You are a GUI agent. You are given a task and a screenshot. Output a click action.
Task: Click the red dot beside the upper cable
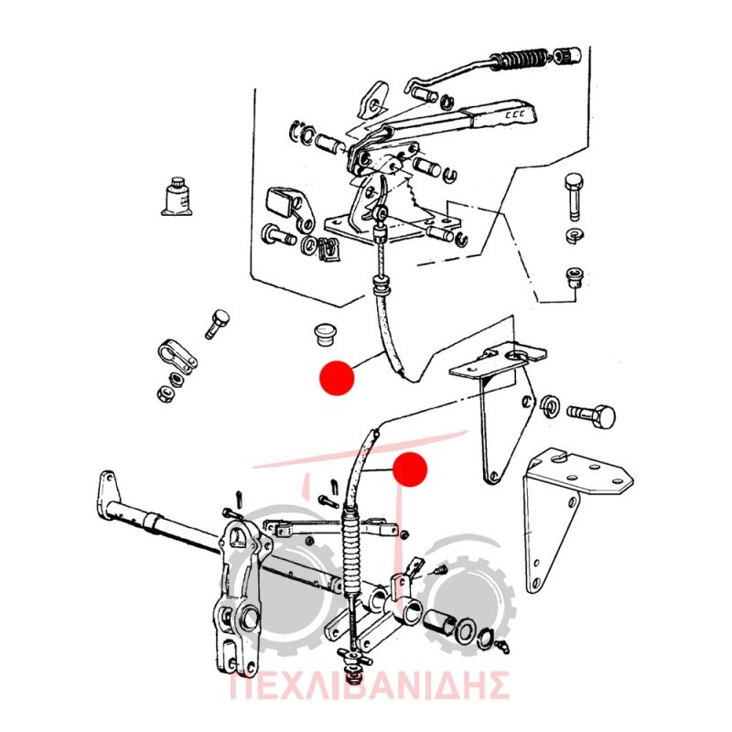337,378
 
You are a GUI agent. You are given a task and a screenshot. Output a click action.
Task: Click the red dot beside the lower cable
410,469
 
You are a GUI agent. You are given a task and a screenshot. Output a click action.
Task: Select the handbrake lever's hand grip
505,113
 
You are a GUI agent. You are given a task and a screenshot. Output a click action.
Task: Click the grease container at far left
177,197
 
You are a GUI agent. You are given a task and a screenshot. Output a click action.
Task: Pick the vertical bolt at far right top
574,197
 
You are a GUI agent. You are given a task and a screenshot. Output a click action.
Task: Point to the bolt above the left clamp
216,324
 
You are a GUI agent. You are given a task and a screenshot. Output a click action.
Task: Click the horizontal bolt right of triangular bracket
590,414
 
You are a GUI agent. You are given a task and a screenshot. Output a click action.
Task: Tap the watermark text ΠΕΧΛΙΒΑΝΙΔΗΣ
369,685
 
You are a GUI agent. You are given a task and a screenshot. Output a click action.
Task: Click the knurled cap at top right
567,55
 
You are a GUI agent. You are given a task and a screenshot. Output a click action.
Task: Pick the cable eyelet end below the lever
382,214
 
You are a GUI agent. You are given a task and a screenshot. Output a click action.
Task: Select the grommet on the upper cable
381,282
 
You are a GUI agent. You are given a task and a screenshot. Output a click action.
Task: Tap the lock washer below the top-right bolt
574,235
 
